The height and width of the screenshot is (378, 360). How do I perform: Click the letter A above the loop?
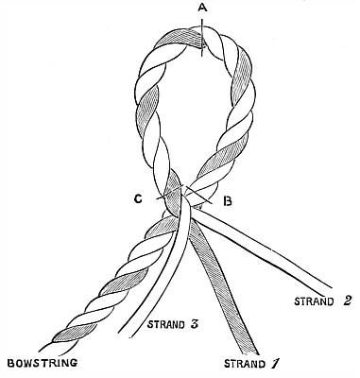pos(202,9)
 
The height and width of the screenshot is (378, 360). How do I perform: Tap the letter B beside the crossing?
pos(228,200)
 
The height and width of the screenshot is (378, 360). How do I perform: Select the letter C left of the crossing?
pos(139,199)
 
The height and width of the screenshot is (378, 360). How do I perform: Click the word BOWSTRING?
pos(43,363)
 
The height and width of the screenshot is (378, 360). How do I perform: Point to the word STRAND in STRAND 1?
pos(245,364)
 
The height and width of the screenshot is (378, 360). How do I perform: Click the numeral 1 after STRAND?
pos(275,364)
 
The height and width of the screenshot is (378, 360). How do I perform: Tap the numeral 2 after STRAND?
pos(346,301)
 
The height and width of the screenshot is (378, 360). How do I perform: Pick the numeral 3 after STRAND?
pos(194,324)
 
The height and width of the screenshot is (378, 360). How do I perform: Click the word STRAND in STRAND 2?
pos(314,301)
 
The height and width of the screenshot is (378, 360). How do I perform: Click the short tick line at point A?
pos(202,37)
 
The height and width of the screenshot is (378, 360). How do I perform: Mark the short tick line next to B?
pos(198,195)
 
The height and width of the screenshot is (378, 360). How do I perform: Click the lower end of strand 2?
pos(327,290)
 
